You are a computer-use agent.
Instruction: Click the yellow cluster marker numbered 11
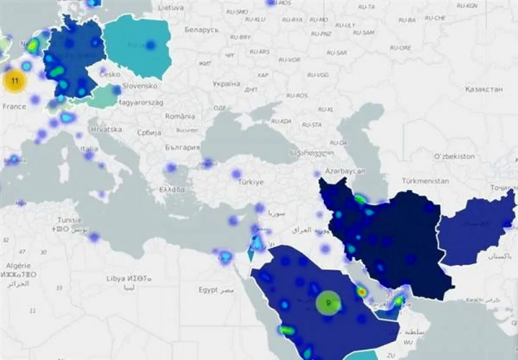[x=15, y=81]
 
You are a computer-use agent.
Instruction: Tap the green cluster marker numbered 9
[x=328, y=303]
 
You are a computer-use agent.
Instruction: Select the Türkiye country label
[x=250, y=182]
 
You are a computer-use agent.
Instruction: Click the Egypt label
[x=208, y=290]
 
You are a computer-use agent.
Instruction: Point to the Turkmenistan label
[x=425, y=181]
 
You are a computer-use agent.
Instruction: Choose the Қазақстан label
[x=484, y=89]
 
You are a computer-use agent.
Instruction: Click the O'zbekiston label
[x=454, y=156]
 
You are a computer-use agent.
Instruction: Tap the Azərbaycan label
[x=345, y=171]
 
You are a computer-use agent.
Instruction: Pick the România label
[x=180, y=117]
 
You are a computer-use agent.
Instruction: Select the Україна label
[x=226, y=84]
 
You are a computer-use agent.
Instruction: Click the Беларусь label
[x=202, y=30]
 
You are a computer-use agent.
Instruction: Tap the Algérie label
[x=19, y=265]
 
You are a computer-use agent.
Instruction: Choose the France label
[x=14, y=107]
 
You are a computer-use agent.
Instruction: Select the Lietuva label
[x=171, y=8]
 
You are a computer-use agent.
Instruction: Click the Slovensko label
[x=139, y=86]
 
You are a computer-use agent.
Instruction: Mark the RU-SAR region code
[x=337, y=53]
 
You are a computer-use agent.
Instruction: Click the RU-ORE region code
[x=400, y=48]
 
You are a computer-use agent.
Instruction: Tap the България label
[x=182, y=147]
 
